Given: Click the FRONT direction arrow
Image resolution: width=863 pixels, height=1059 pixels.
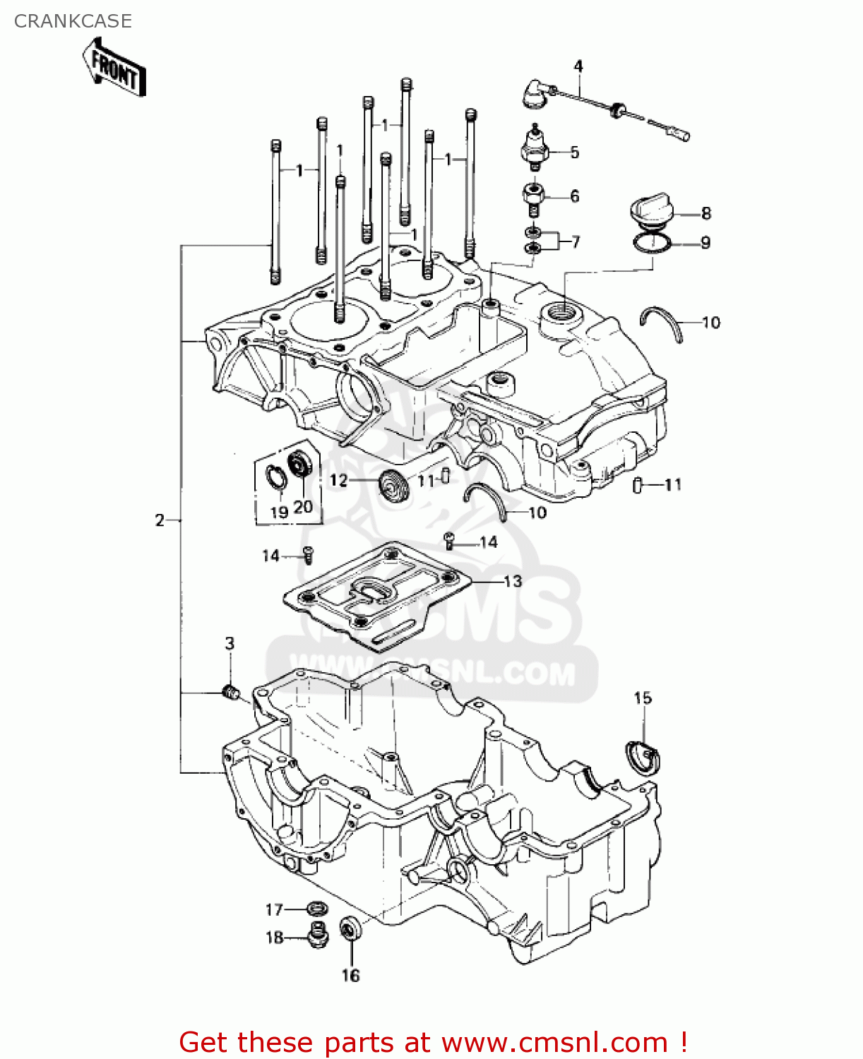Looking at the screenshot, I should (115, 68).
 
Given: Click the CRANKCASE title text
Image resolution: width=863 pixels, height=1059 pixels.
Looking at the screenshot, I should (73, 21).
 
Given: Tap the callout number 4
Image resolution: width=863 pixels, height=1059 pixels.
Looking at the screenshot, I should (578, 66).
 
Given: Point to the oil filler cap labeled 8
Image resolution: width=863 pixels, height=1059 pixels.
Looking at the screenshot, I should (650, 211).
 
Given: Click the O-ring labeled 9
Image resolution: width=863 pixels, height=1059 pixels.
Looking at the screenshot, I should (653, 244).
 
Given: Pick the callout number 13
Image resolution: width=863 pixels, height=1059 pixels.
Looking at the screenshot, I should (513, 581).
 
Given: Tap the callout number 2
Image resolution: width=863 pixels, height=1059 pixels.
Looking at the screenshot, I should (160, 520).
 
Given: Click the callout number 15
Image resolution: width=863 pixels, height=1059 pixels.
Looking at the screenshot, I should (643, 698).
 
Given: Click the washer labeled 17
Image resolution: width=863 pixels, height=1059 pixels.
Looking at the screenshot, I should (317, 909).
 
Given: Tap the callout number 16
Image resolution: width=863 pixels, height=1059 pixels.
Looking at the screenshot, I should (351, 976).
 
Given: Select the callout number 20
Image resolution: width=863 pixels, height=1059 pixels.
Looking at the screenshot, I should (303, 507).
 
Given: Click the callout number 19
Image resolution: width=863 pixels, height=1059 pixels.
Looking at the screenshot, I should (280, 512).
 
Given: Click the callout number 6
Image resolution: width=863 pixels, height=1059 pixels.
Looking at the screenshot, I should (575, 196).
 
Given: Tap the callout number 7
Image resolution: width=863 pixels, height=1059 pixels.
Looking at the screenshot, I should (576, 242).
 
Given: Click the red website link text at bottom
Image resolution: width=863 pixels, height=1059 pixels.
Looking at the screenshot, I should (432, 1042).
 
